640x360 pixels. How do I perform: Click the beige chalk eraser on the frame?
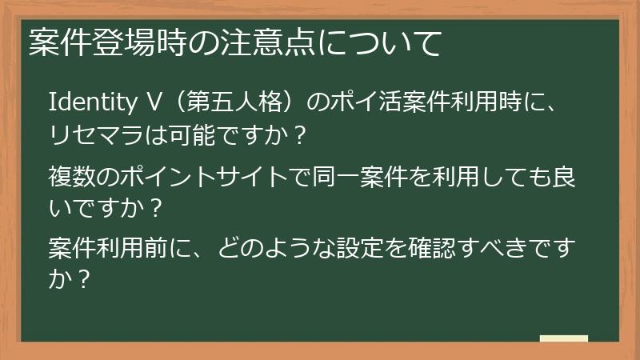pyautogui.click(x=563, y=338)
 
